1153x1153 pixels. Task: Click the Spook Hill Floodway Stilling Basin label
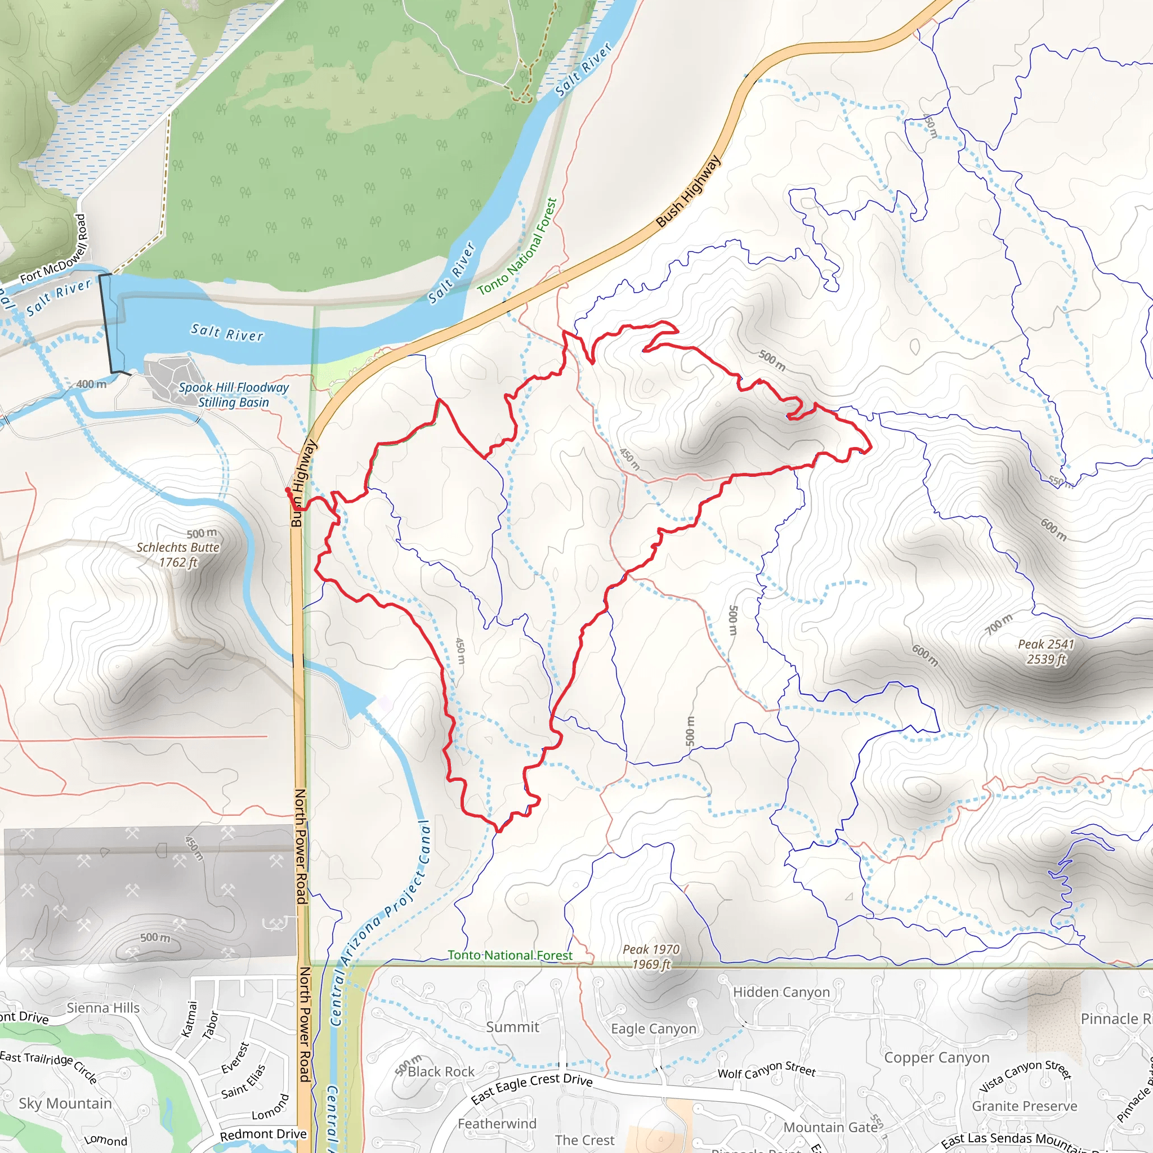[x=233, y=395]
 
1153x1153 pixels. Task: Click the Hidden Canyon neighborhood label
[x=781, y=992]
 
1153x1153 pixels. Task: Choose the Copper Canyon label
[x=936, y=1057]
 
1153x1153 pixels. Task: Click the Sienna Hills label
[x=102, y=1008]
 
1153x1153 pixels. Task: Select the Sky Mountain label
[x=65, y=1103]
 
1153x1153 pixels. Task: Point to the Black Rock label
[x=441, y=1072]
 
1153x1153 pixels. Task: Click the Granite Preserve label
[x=1025, y=1106]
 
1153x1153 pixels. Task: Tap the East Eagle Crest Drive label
[x=531, y=1087]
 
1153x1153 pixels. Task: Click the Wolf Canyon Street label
[x=766, y=1070]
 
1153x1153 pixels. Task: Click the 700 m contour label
[x=998, y=624]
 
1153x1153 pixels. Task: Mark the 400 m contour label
[x=91, y=385]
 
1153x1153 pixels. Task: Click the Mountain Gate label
[x=830, y=1127]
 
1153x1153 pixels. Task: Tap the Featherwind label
[x=497, y=1124]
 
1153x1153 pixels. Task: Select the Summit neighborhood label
[x=512, y=1027]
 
